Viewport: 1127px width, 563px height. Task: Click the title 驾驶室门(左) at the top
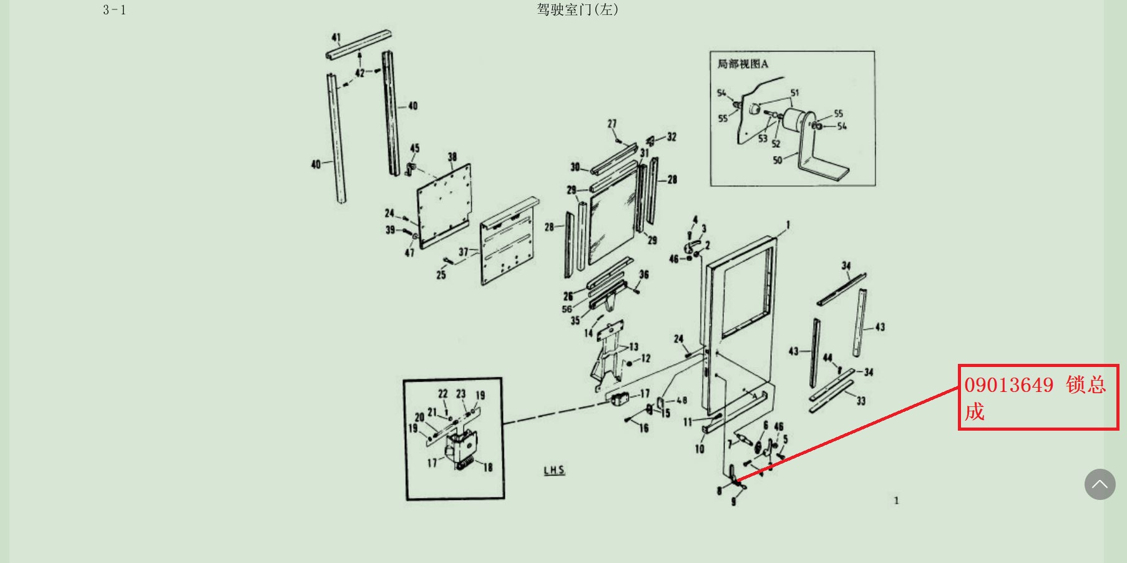(577, 9)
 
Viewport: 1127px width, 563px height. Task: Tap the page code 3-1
(114, 10)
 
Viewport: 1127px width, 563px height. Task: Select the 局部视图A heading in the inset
(743, 64)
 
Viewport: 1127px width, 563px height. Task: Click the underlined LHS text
(554, 470)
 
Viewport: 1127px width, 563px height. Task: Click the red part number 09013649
(1009, 385)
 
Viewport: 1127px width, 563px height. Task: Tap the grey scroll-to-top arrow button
(1100, 484)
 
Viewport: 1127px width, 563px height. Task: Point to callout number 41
(336, 37)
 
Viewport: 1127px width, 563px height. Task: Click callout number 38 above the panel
(452, 157)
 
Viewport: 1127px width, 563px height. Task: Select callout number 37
(463, 252)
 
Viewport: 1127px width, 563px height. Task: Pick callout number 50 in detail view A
(778, 160)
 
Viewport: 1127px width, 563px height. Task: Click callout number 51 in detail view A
(794, 93)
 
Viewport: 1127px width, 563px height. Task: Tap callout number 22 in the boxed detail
(442, 394)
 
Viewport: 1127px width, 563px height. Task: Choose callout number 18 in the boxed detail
(488, 467)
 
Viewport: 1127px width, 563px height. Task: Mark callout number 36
(644, 275)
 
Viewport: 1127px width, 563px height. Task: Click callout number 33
(861, 401)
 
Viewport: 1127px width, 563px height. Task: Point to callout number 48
(681, 400)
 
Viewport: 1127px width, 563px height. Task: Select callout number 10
(700, 449)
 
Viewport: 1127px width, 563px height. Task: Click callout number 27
(612, 124)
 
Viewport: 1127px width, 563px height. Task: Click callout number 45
(415, 148)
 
